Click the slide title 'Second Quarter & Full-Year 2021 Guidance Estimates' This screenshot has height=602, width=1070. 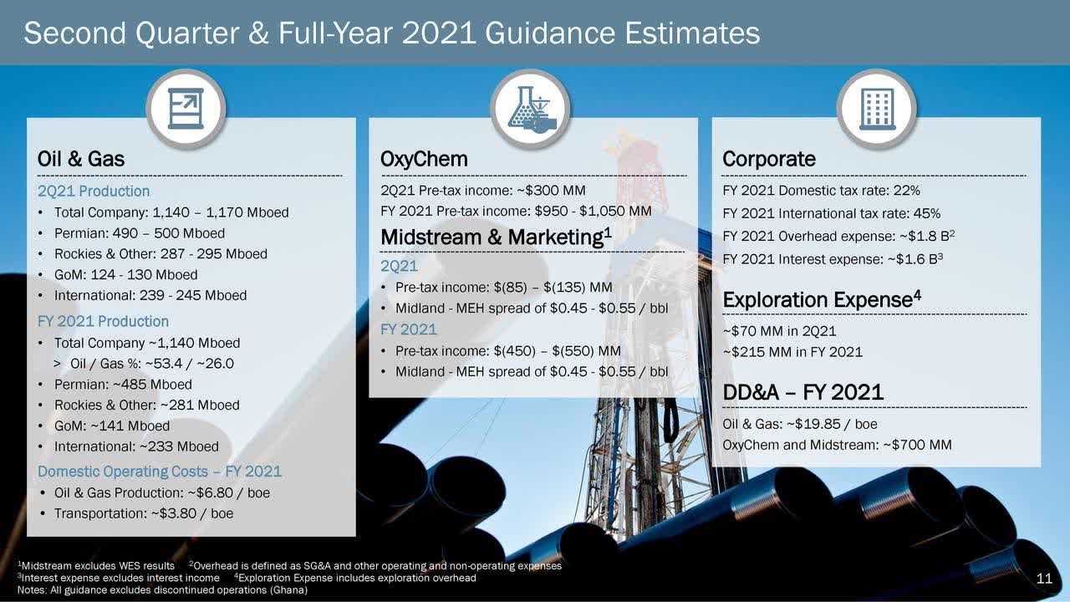pos(392,33)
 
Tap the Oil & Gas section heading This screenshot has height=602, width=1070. pos(81,159)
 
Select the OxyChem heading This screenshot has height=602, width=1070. pos(424,159)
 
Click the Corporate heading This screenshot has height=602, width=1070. pos(768,159)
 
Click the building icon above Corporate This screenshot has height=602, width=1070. pos(876,110)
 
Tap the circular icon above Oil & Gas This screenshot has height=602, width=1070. pos(186,110)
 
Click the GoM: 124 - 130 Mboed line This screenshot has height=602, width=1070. pos(125,275)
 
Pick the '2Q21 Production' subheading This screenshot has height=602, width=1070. pos(94,191)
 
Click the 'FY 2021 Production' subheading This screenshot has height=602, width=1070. pos(103,321)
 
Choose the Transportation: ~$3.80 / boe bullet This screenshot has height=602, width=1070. pos(143,513)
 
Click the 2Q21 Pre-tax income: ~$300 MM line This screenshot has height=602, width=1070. pos(482,190)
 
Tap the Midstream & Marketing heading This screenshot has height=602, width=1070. pos(496,237)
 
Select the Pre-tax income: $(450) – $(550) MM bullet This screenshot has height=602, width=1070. pos(507,350)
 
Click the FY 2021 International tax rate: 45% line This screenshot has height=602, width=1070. pos(831,213)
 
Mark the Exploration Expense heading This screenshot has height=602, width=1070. pos(822,299)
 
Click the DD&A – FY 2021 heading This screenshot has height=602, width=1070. pos(802,391)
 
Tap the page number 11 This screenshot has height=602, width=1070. pos(1043,579)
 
